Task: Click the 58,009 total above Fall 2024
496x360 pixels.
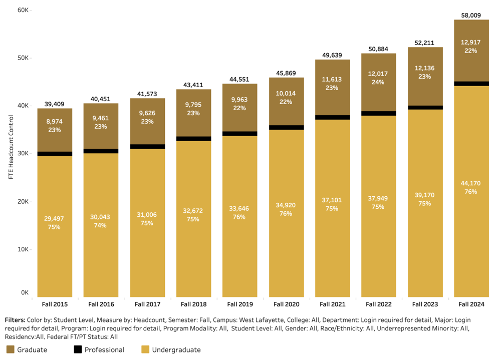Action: tap(471, 15)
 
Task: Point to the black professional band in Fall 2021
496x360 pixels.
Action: tap(332, 117)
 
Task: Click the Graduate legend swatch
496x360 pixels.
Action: tap(10, 349)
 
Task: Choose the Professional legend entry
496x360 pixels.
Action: tap(99, 349)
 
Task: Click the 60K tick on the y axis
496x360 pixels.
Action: tap(23, 10)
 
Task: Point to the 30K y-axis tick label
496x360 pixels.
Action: tap(23, 154)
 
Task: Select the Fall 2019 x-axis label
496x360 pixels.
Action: tap(239, 304)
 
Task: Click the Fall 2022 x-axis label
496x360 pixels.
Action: tap(378, 304)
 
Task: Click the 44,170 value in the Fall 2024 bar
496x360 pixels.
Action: tap(471, 183)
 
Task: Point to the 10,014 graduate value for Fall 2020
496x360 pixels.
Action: tap(286, 93)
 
